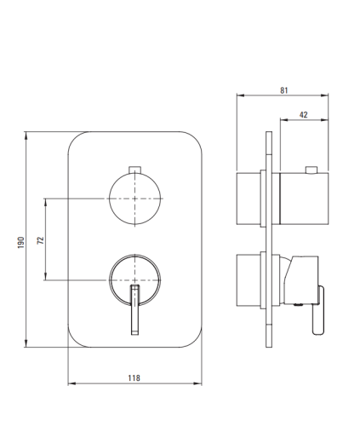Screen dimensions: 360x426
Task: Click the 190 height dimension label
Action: pyautogui.click(x=21, y=242)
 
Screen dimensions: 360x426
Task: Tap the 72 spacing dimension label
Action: pyautogui.click(x=41, y=240)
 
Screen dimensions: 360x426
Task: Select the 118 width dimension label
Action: pyautogui.click(x=134, y=378)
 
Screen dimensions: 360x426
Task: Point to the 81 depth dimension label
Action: pyautogui.click(x=284, y=90)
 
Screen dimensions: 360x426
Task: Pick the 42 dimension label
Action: pyautogui.click(x=303, y=115)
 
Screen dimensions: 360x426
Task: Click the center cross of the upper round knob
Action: pyautogui.click(x=134, y=199)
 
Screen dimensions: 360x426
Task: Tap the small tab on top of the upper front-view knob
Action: pyautogui.click(x=134, y=170)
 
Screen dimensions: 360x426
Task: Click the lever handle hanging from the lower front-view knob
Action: pyautogui.click(x=135, y=309)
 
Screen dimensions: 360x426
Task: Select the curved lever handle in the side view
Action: pyautogui.click(x=318, y=310)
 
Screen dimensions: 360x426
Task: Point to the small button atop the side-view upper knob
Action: pyautogui.click(x=311, y=170)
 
